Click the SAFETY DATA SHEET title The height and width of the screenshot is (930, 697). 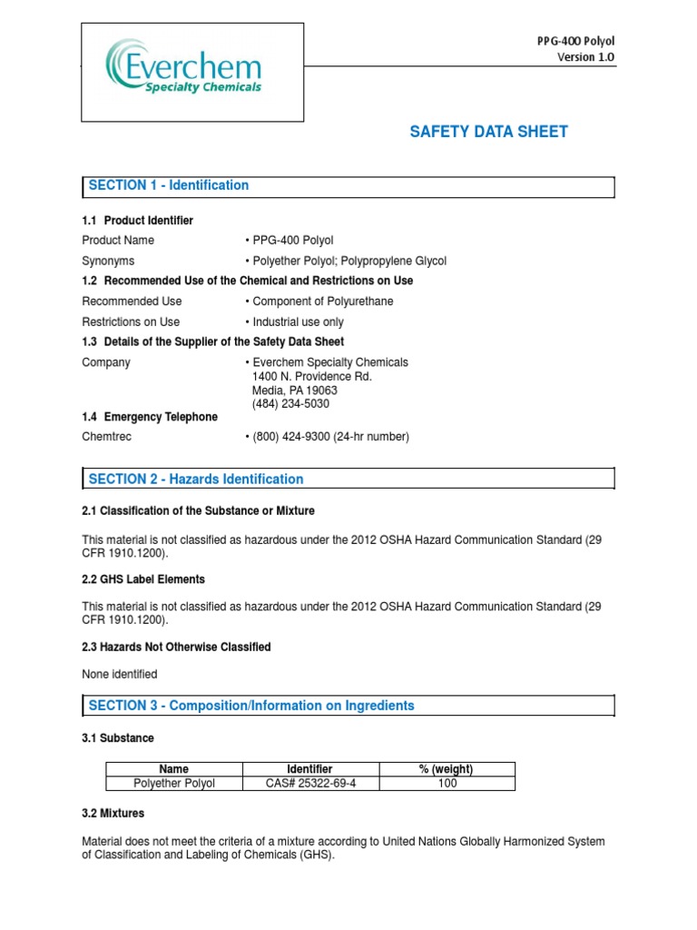[x=488, y=132]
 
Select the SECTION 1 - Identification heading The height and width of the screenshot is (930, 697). [x=169, y=185]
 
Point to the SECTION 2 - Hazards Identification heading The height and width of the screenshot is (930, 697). [x=196, y=479]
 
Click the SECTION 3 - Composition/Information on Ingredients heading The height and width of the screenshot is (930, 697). [x=251, y=706]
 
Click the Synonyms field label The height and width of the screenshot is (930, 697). [x=108, y=261]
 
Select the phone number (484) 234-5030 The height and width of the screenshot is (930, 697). [x=290, y=403]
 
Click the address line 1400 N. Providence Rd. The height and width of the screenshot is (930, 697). [x=311, y=376]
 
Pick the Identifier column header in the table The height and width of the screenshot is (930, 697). [x=309, y=769]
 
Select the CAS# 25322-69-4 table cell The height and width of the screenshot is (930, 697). [x=309, y=783]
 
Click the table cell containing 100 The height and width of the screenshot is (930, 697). [x=447, y=783]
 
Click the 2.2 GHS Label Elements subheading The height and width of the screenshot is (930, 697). [x=143, y=579]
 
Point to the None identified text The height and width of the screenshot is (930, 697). [x=120, y=674]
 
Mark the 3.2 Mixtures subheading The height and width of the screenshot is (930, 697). [x=113, y=813]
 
